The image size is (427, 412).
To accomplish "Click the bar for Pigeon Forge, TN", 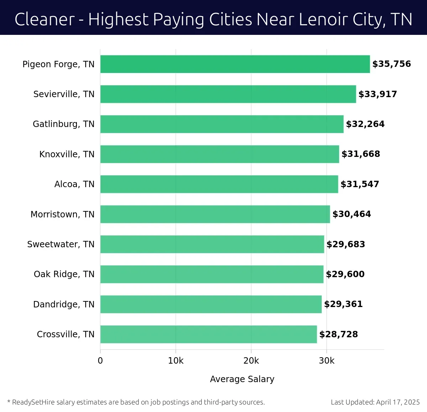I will pyautogui.click(x=235, y=64).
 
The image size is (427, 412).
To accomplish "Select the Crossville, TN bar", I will pyautogui.click(x=209, y=334).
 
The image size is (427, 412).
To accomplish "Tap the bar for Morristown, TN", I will pyautogui.click(x=215, y=214).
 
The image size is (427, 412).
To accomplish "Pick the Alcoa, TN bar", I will pyautogui.click(x=219, y=184).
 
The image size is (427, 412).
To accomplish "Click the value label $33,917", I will pyautogui.click(x=378, y=94).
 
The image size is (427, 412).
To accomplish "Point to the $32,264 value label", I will pyautogui.click(x=365, y=124).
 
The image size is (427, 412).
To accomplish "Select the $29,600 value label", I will pyautogui.click(x=345, y=274).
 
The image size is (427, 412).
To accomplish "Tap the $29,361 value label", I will pyautogui.click(x=343, y=304).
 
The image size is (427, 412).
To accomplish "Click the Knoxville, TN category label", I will pyautogui.click(x=67, y=154).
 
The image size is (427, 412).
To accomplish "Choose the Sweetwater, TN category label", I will pyautogui.click(x=61, y=244).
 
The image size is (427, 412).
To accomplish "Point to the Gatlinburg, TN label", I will pyautogui.click(x=64, y=124).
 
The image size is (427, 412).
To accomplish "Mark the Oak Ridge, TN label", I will pyautogui.click(x=64, y=274).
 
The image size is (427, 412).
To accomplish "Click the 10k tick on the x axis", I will pyautogui.click(x=176, y=361).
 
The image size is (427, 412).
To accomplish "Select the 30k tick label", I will pyautogui.click(x=327, y=361).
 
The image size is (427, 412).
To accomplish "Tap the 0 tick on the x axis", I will pyautogui.click(x=100, y=361).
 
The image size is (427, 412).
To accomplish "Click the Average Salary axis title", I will pyautogui.click(x=242, y=379).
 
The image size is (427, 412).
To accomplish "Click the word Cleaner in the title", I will pyautogui.click(x=44, y=19).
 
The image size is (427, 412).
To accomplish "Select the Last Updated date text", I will pyautogui.click(x=375, y=402).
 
